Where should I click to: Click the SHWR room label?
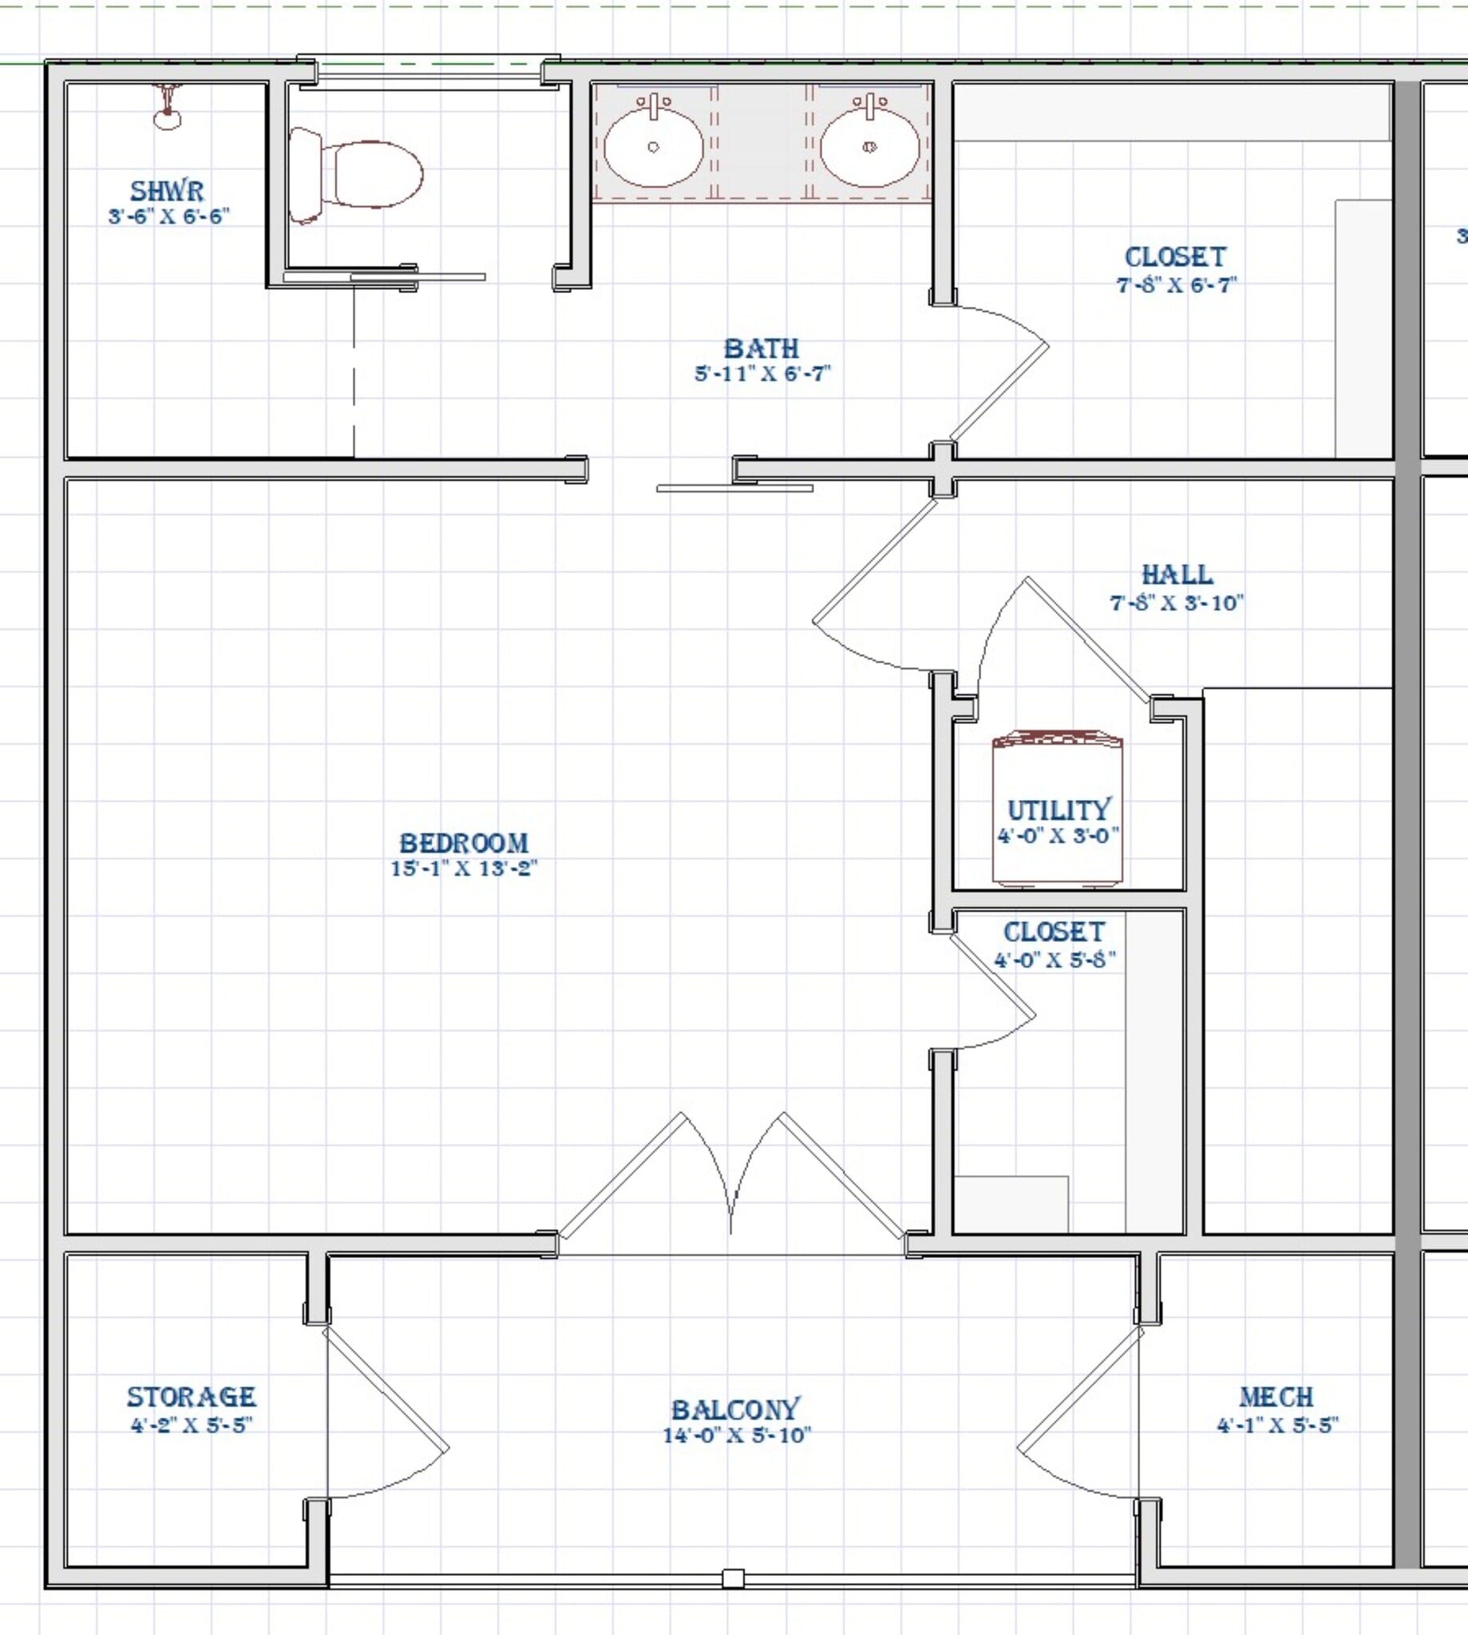[167, 191]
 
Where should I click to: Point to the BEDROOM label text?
[464, 844]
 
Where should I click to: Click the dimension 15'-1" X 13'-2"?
[464, 869]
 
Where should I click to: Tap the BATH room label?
[762, 348]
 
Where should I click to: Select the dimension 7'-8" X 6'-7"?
[1176, 285]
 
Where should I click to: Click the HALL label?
[1177, 575]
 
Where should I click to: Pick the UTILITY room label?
[1058, 810]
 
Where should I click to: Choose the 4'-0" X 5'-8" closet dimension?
[1055, 960]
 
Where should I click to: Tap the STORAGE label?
[191, 1396]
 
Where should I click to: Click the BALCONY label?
[736, 1409]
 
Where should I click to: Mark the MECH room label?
[1276, 1396]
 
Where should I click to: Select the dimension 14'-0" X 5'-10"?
[736, 1435]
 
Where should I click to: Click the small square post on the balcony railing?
[732, 1578]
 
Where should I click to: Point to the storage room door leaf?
[386, 1388]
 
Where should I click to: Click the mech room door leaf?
[1079, 1388]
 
